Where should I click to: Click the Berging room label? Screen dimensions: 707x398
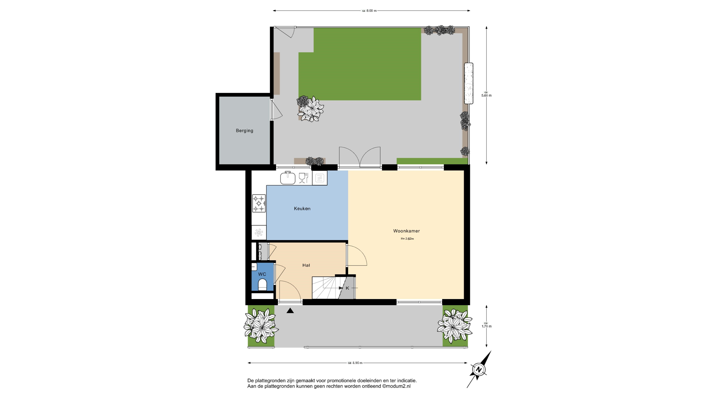pyautogui.click(x=244, y=131)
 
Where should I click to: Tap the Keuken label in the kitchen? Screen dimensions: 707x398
pyautogui.click(x=302, y=209)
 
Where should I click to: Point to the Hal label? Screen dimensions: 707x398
pyautogui.click(x=306, y=265)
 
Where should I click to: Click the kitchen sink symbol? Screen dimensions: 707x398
pyautogui.click(x=288, y=178)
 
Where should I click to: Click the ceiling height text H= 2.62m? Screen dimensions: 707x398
pyautogui.click(x=407, y=239)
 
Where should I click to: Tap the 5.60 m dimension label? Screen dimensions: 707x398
pyautogui.click(x=486, y=96)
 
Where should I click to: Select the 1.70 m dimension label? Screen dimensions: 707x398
pyautogui.click(x=486, y=326)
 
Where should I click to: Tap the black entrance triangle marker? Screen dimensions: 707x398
pyautogui.click(x=290, y=311)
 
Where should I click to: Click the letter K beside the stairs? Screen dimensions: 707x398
pyautogui.click(x=347, y=288)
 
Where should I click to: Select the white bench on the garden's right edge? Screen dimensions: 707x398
pyautogui.click(x=469, y=83)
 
